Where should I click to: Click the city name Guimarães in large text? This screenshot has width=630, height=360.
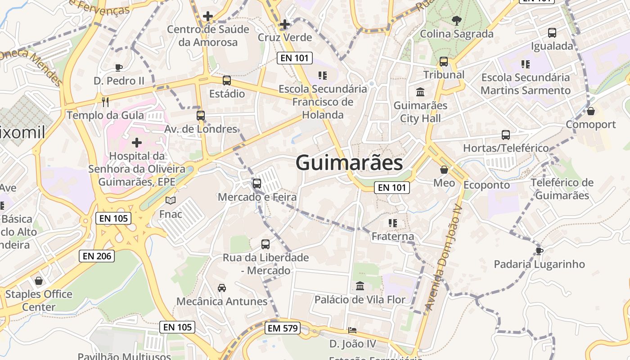[349, 162]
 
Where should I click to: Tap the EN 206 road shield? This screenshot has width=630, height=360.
[97, 256]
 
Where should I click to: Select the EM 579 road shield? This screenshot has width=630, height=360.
[283, 328]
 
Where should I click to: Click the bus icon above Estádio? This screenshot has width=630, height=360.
[227, 81]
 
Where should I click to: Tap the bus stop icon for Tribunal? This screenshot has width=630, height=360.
[444, 62]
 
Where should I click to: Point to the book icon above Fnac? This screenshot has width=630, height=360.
[171, 200]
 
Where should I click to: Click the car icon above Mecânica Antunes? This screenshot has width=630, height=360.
[221, 288]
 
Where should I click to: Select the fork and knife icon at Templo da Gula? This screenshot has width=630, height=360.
[105, 102]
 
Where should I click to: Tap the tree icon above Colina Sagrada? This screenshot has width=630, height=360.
[456, 20]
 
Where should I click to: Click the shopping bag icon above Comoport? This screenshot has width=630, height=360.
[591, 111]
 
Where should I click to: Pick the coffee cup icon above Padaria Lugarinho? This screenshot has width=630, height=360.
[539, 251]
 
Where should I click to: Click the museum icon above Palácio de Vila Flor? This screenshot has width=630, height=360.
[360, 286]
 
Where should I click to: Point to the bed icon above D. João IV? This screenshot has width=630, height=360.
[352, 330]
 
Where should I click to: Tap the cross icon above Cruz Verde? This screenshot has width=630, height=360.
[284, 24]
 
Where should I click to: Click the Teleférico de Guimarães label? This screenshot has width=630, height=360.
[562, 189]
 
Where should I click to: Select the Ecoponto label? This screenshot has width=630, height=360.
[486, 185]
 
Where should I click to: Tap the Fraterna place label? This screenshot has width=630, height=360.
[393, 236]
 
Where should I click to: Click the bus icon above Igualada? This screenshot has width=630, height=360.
[552, 33]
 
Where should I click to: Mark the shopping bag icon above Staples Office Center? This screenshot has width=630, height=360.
[39, 281]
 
